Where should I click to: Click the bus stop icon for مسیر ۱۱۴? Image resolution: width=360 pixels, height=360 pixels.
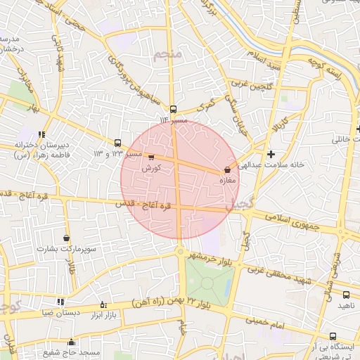tap(174, 110)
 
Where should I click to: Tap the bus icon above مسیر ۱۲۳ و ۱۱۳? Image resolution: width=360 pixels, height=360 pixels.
tap(117, 142)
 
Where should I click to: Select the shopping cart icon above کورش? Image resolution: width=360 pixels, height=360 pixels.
tap(151, 158)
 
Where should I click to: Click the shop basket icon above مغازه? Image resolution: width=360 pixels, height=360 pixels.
tap(227, 169)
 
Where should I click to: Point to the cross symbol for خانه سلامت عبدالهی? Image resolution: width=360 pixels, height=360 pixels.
tap(271, 153)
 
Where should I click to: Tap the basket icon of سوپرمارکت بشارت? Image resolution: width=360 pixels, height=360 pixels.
tap(66, 238)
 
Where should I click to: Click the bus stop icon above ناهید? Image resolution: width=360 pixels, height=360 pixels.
tap(346, 295)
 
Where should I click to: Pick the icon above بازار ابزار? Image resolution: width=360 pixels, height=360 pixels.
tap(103, 304)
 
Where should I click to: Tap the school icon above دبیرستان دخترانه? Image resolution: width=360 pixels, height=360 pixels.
tap(42, 134)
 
